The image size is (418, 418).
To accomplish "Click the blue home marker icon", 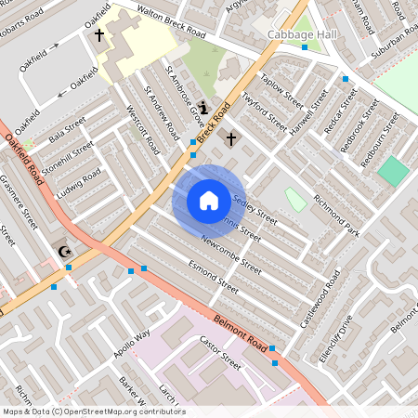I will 208,201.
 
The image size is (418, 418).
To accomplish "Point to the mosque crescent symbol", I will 64,251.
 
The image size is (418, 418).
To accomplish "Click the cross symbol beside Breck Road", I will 230,138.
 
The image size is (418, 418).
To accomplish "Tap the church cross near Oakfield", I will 99,35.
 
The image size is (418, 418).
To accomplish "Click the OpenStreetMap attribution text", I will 94,411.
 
